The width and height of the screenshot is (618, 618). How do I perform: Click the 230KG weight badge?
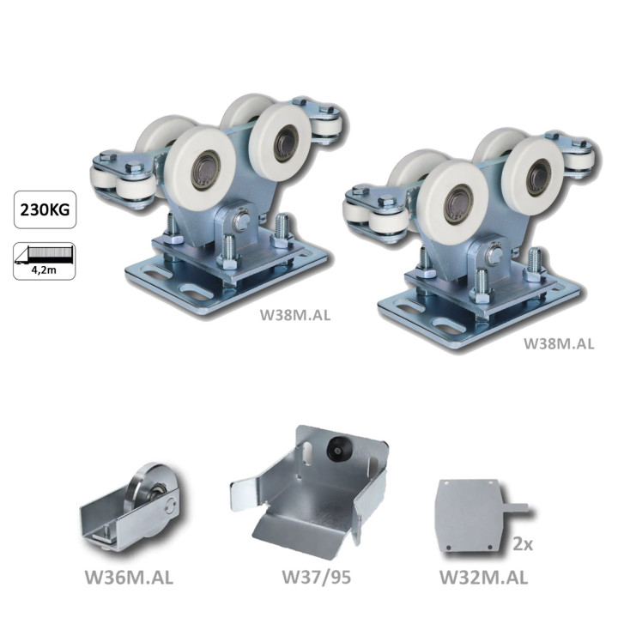pos(45,209)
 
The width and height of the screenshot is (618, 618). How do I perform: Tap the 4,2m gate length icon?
pos(44,261)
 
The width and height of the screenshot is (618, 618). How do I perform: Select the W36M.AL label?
pos(129,578)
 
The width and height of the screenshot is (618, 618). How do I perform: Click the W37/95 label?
pos(317,578)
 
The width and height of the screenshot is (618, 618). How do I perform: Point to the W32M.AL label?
pos(483,578)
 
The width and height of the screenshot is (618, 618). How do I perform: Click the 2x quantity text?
pos(523,544)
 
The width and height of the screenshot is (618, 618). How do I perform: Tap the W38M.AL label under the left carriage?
pos(295,315)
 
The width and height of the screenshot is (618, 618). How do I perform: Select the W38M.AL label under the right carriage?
pos(559,343)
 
